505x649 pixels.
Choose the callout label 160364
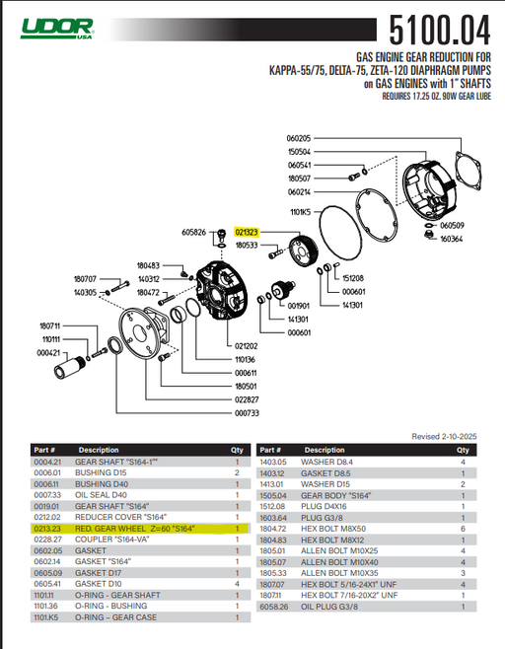tap(452, 238)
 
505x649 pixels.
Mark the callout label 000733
tap(247, 413)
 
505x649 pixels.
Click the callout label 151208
tap(353, 279)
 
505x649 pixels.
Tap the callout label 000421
tap(48, 352)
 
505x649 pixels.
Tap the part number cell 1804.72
tap(272, 529)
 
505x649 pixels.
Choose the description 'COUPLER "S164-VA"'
tap(113, 540)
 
